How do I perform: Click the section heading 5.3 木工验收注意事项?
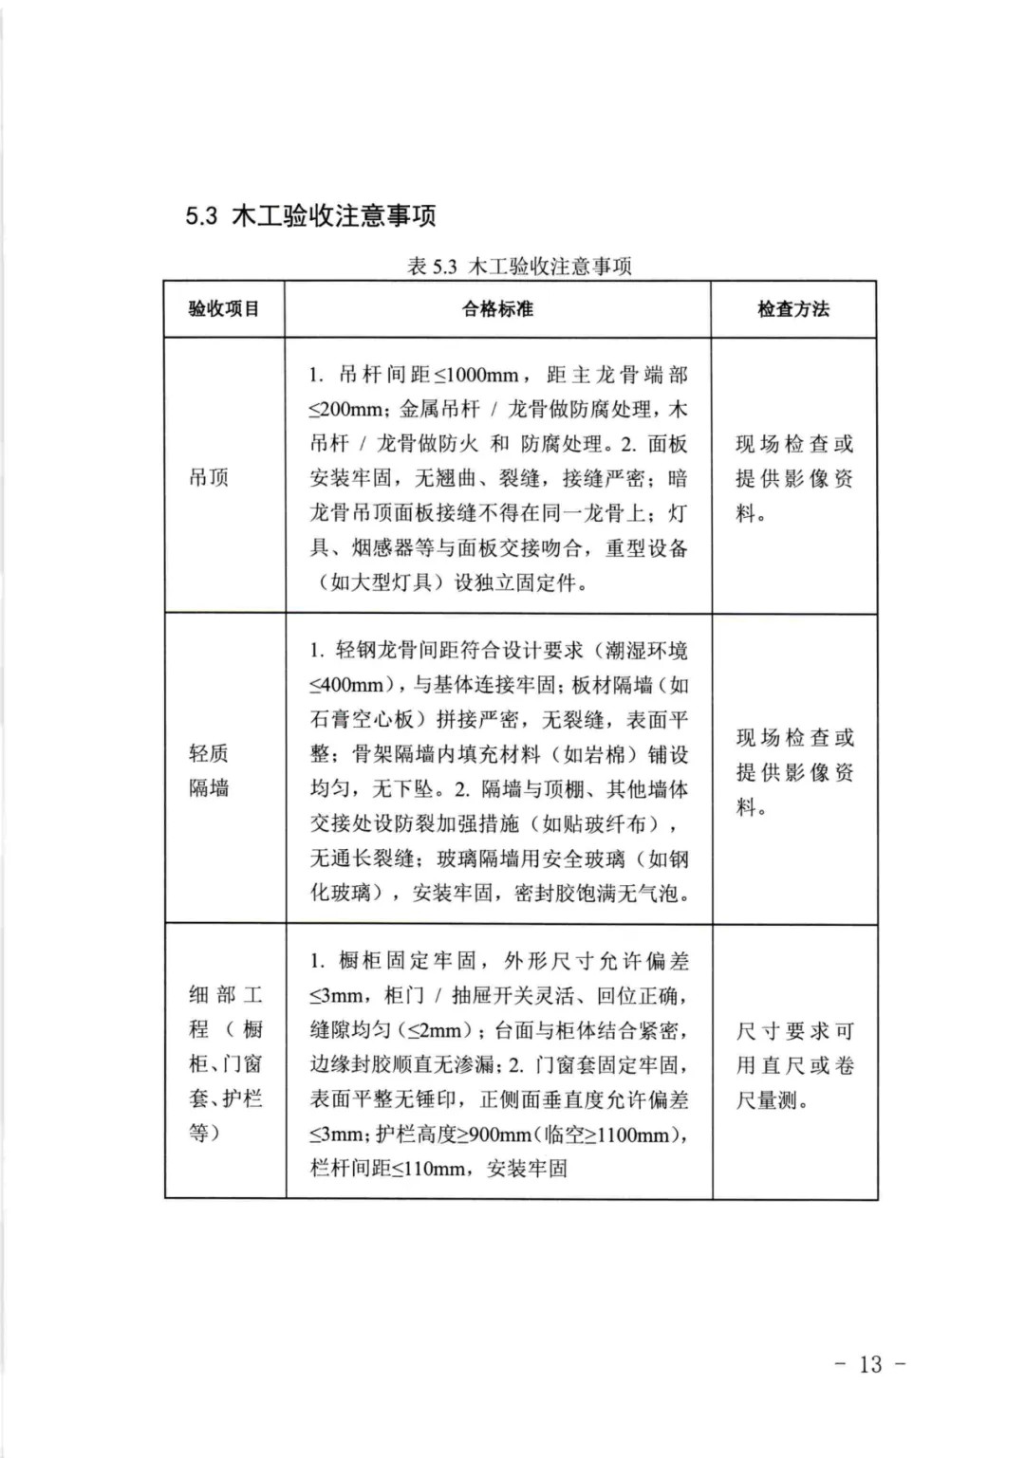(310, 215)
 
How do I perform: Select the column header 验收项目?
(224, 309)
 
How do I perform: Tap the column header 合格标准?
(498, 309)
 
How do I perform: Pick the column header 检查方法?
(793, 309)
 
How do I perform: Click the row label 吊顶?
(209, 477)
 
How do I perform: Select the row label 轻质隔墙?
(209, 770)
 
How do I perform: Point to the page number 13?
(870, 1364)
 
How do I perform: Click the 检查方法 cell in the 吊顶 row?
(794, 478)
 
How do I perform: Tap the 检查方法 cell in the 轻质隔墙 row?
(794, 771)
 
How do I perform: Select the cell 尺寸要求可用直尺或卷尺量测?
(794, 1065)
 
